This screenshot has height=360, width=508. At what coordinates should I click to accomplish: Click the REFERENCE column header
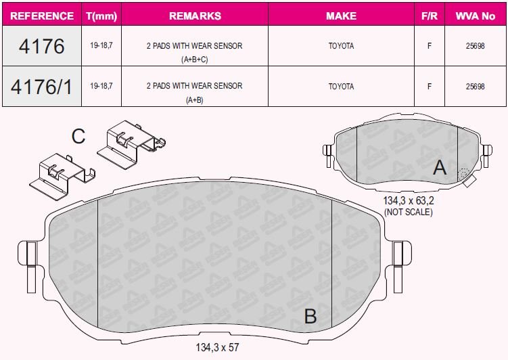point(42,16)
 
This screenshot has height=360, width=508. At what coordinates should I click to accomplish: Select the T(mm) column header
point(101,16)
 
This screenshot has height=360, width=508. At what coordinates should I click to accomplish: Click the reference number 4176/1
point(42,87)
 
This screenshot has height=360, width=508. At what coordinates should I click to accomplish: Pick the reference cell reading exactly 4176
point(42,46)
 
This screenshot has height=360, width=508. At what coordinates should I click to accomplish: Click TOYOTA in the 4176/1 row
point(341,87)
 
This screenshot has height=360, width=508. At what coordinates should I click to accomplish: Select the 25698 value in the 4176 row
point(476,46)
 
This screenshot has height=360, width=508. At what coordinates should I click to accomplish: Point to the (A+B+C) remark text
point(194,60)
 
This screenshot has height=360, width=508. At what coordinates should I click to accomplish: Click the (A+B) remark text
point(194,100)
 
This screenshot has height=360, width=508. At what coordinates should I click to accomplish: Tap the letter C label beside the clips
point(78,137)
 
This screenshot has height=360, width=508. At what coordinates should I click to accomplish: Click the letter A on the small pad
point(440,167)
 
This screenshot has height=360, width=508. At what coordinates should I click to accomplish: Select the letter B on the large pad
point(310,316)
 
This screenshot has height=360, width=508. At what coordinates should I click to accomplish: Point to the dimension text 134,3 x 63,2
point(408,201)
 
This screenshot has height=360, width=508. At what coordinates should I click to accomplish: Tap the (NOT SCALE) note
point(408,212)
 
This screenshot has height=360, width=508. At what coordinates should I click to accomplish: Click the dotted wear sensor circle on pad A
point(464,175)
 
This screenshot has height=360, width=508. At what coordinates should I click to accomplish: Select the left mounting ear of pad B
point(30,254)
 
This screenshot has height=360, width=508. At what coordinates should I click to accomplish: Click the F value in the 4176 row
point(430,46)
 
